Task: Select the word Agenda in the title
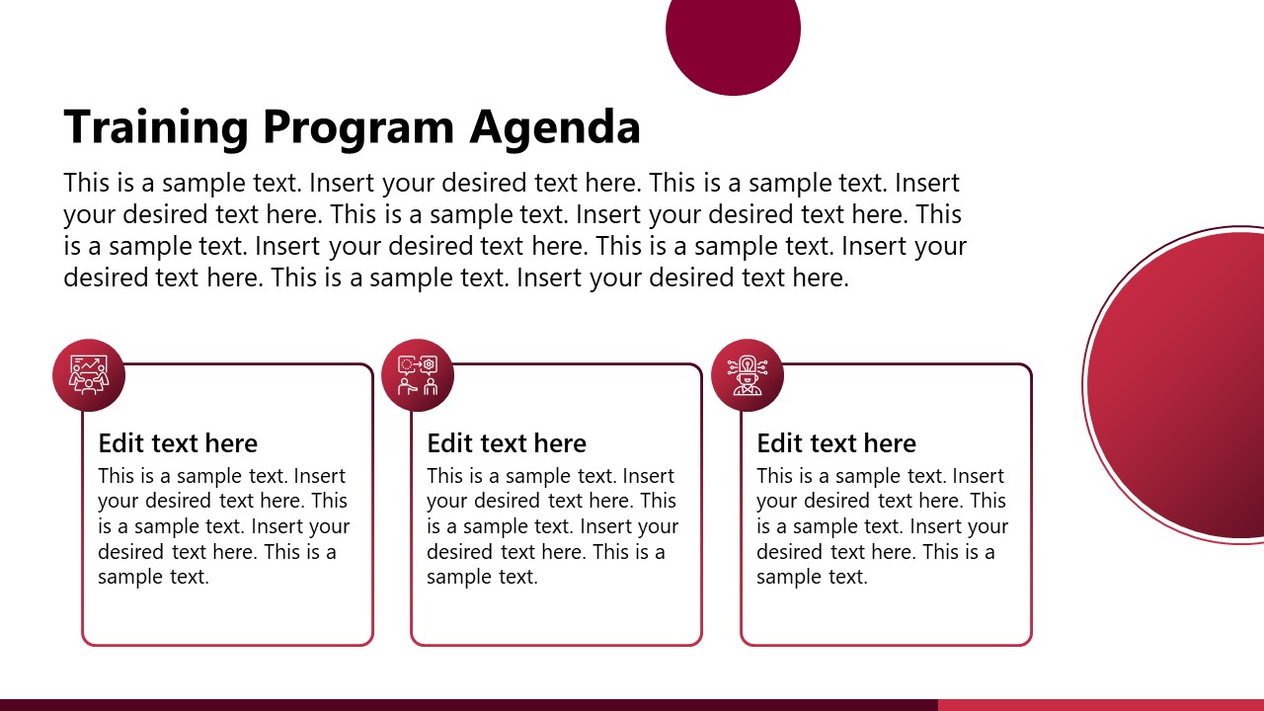[x=555, y=127]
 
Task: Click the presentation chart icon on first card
[x=89, y=375]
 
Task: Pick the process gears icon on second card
[x=417, y=375]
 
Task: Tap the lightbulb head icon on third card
[x=747, y=375]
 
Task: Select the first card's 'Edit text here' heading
[x=178, y=443]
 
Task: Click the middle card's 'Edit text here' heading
[x=507, y=443]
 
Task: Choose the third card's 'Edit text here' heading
[x=836, y=443]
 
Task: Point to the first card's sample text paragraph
[x=223, y=526]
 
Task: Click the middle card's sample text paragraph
[x=552, y=526]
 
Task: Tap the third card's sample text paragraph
[x=882, y=526]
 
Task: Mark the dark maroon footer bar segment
[x=468, y=705]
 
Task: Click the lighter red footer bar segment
[x=1100, y=705]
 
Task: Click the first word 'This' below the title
[x=86, y=184]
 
